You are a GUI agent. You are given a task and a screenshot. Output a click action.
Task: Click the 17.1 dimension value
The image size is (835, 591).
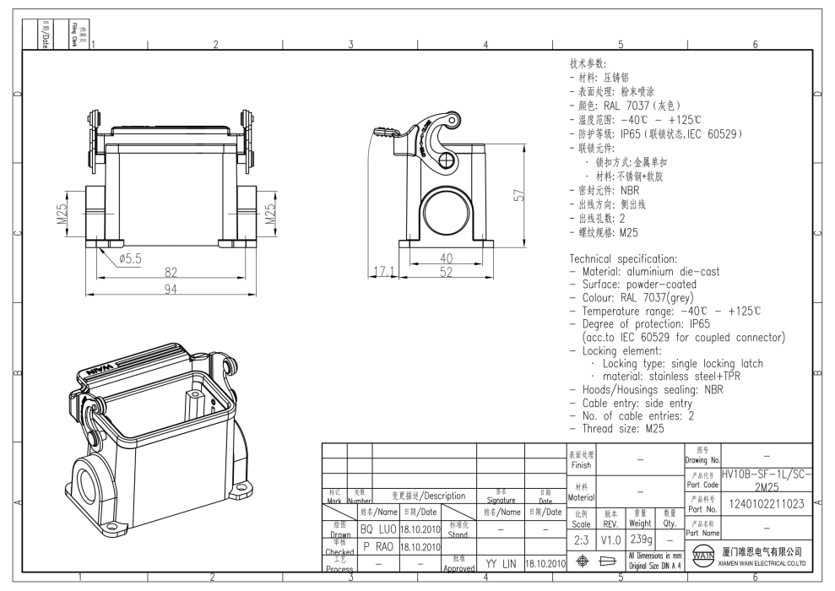click(383, 273)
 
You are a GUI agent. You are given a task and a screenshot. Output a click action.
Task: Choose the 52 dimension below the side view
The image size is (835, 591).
click(447, 274)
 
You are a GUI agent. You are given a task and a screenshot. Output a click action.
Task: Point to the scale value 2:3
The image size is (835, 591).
click(581, 539)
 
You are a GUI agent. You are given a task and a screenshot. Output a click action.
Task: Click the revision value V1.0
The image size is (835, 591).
click(610, 539)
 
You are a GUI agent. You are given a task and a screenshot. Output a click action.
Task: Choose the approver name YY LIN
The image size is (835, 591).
click(501, 562)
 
